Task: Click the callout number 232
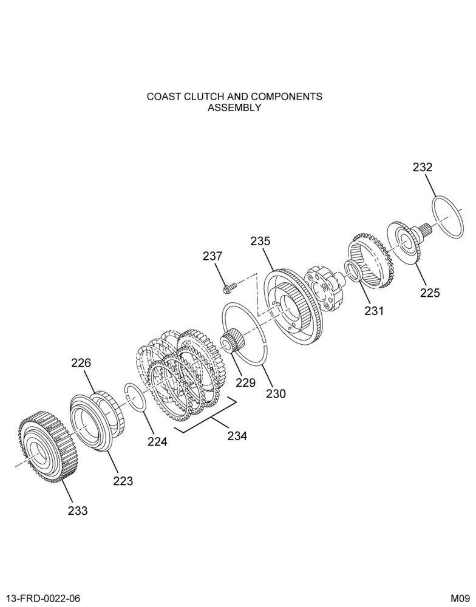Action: (422, 168)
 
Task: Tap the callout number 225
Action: (430, 293)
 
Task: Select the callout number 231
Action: (374, 310)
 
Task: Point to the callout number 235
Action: (260, 241)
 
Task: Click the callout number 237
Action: (212, 256)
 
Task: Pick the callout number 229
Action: (246, 383)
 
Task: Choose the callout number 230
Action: (276, 394)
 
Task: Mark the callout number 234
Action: (237, 436)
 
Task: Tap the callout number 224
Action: (157, 441)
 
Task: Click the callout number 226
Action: (81, 363)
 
